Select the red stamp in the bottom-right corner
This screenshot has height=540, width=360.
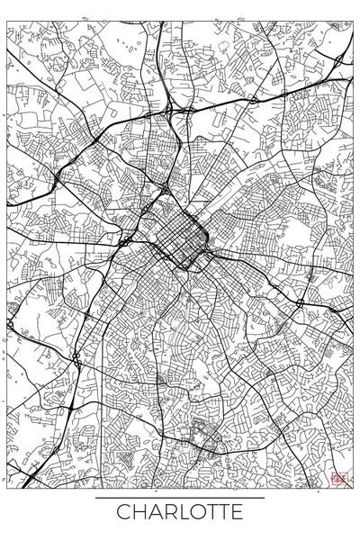[x=338, y=480]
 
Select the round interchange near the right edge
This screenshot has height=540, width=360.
[x=299, y=303]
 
